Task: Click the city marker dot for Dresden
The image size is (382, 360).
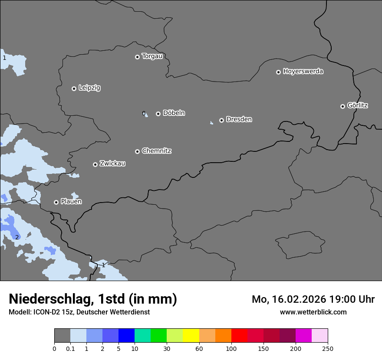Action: pos(221,120)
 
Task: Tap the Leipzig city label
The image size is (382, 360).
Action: pos(89,88)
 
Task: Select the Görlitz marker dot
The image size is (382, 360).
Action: pos(342,106)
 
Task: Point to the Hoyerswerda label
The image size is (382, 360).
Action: pos(303,72)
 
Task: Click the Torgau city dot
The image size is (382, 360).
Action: pos(137,57)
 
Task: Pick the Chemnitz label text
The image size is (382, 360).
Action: pos(156,151)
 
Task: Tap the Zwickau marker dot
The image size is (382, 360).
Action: pos(95,164)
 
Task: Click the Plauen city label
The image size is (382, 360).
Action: pos(71,202)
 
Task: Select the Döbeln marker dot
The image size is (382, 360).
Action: pos(158,114)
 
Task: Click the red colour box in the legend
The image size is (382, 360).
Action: pos(239,336)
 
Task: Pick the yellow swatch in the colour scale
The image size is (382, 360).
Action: pos(191,336)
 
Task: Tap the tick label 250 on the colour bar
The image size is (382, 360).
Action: pos(328,348)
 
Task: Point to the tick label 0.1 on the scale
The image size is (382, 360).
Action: pos(70,348)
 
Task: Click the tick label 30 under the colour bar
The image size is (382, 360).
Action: pos(167,348)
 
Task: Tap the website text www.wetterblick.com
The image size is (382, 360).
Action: pos(313,312)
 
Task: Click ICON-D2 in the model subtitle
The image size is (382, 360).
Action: pos(46,312)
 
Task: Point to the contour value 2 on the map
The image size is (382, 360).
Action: pos(17,237)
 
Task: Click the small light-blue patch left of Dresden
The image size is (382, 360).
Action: pos(211,123)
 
